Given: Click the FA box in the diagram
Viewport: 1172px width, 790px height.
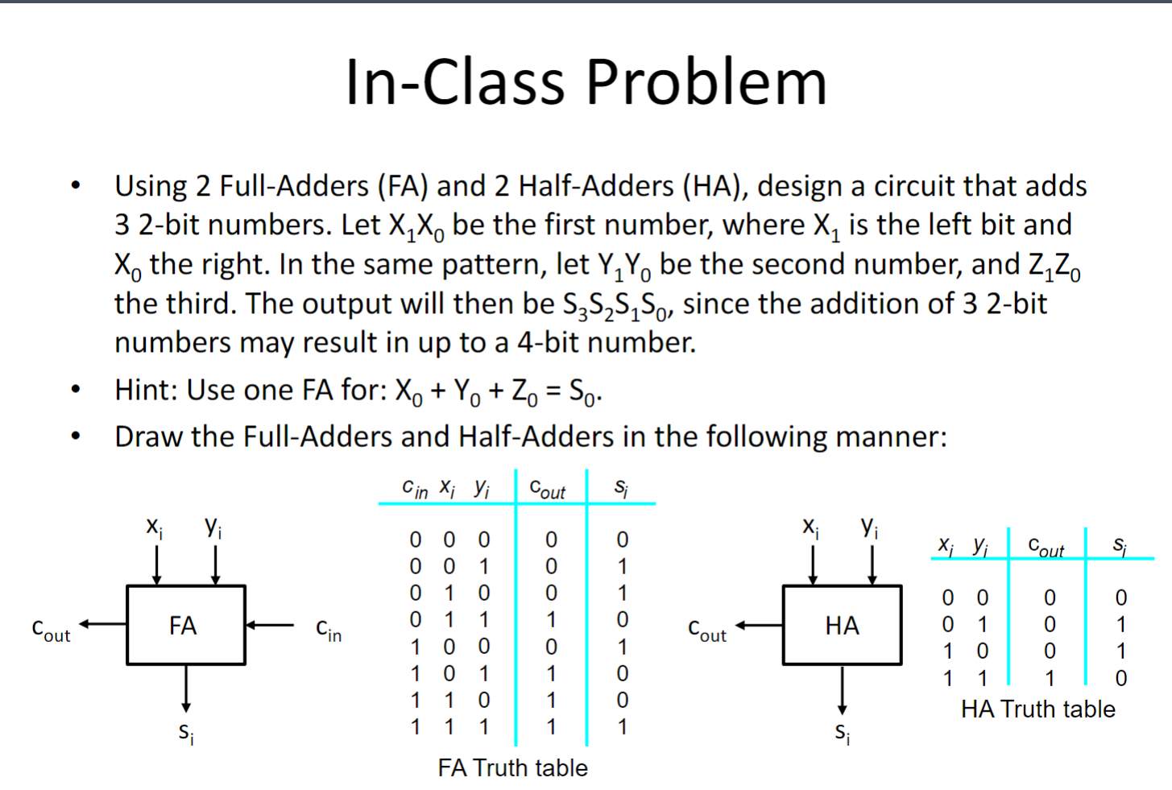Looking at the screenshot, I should point(185,625).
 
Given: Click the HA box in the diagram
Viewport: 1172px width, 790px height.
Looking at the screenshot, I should point(842,625).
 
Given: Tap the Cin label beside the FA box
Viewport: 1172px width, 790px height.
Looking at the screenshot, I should point(329,630).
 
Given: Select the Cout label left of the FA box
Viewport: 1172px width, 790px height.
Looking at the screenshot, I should point(51,630).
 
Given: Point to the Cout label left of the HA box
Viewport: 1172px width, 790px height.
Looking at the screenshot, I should point(707,630).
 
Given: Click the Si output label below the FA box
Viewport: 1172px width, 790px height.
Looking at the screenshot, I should point(186,732).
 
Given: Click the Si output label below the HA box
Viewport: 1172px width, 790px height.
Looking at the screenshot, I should point(843,732).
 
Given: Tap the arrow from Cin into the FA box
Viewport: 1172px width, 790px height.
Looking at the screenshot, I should point(270,624).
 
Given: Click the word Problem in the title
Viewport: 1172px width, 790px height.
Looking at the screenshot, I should point(706,82).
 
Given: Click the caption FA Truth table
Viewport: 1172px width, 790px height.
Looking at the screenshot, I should point(512,767).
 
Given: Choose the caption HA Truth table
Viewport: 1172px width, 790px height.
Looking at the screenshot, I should point(1037,709).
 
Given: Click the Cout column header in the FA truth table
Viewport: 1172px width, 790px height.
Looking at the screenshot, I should point(548,489).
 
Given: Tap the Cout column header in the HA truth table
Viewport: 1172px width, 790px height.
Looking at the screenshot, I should point(1046,548).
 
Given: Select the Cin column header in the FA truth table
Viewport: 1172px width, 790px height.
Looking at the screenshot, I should point(415,489).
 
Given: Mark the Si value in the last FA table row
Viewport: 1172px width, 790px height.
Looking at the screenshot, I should point(622,726).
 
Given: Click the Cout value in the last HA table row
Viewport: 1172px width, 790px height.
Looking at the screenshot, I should point(1050,678).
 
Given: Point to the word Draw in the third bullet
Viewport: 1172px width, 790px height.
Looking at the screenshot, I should point(150,436).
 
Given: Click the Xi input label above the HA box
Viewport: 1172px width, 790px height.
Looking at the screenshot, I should point(812,527).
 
